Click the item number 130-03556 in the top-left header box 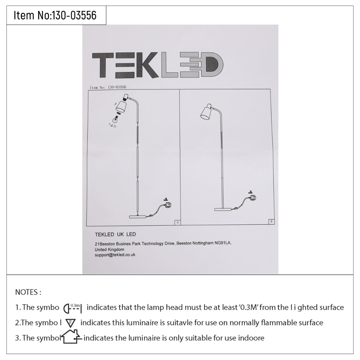(x=74, y=15)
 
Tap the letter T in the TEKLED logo (x=103, y=65)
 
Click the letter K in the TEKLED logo (x=147, y=65)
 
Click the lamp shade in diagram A (x=121, y=107)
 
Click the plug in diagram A (x=167, y=205)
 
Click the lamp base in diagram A (x=138, y=217)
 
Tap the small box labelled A (x=178, y=222)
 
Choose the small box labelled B (x=271, y=222)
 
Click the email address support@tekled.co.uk (x=115, y=255)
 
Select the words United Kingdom (x=109, y=249)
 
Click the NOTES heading (x=28, y=292)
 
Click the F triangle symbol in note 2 (x=70, y=323)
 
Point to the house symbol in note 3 (x=72, y=337)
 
